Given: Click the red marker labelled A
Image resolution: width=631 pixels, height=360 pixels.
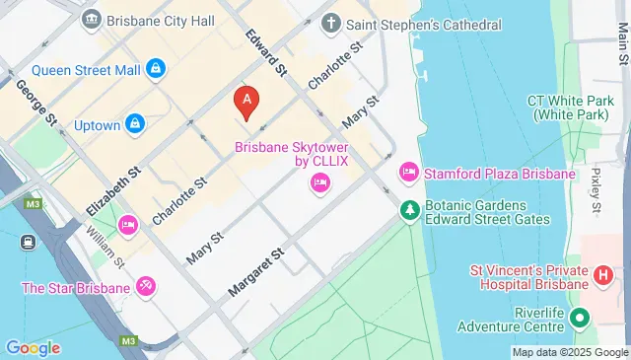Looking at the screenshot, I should pos(245,101).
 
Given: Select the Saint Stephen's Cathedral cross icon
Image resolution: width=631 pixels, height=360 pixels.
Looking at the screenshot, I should pos(331,22).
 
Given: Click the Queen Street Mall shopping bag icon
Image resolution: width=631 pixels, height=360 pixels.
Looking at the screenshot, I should pos(155,68).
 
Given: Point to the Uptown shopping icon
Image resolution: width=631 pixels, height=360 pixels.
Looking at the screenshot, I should pos(136,124).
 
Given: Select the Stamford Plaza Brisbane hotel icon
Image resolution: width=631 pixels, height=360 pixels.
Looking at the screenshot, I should pos(409,174).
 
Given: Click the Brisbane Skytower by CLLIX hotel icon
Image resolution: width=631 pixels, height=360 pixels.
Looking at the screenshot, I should pos(319,181).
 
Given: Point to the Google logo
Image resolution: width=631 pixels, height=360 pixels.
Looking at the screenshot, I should pos(33,347).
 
